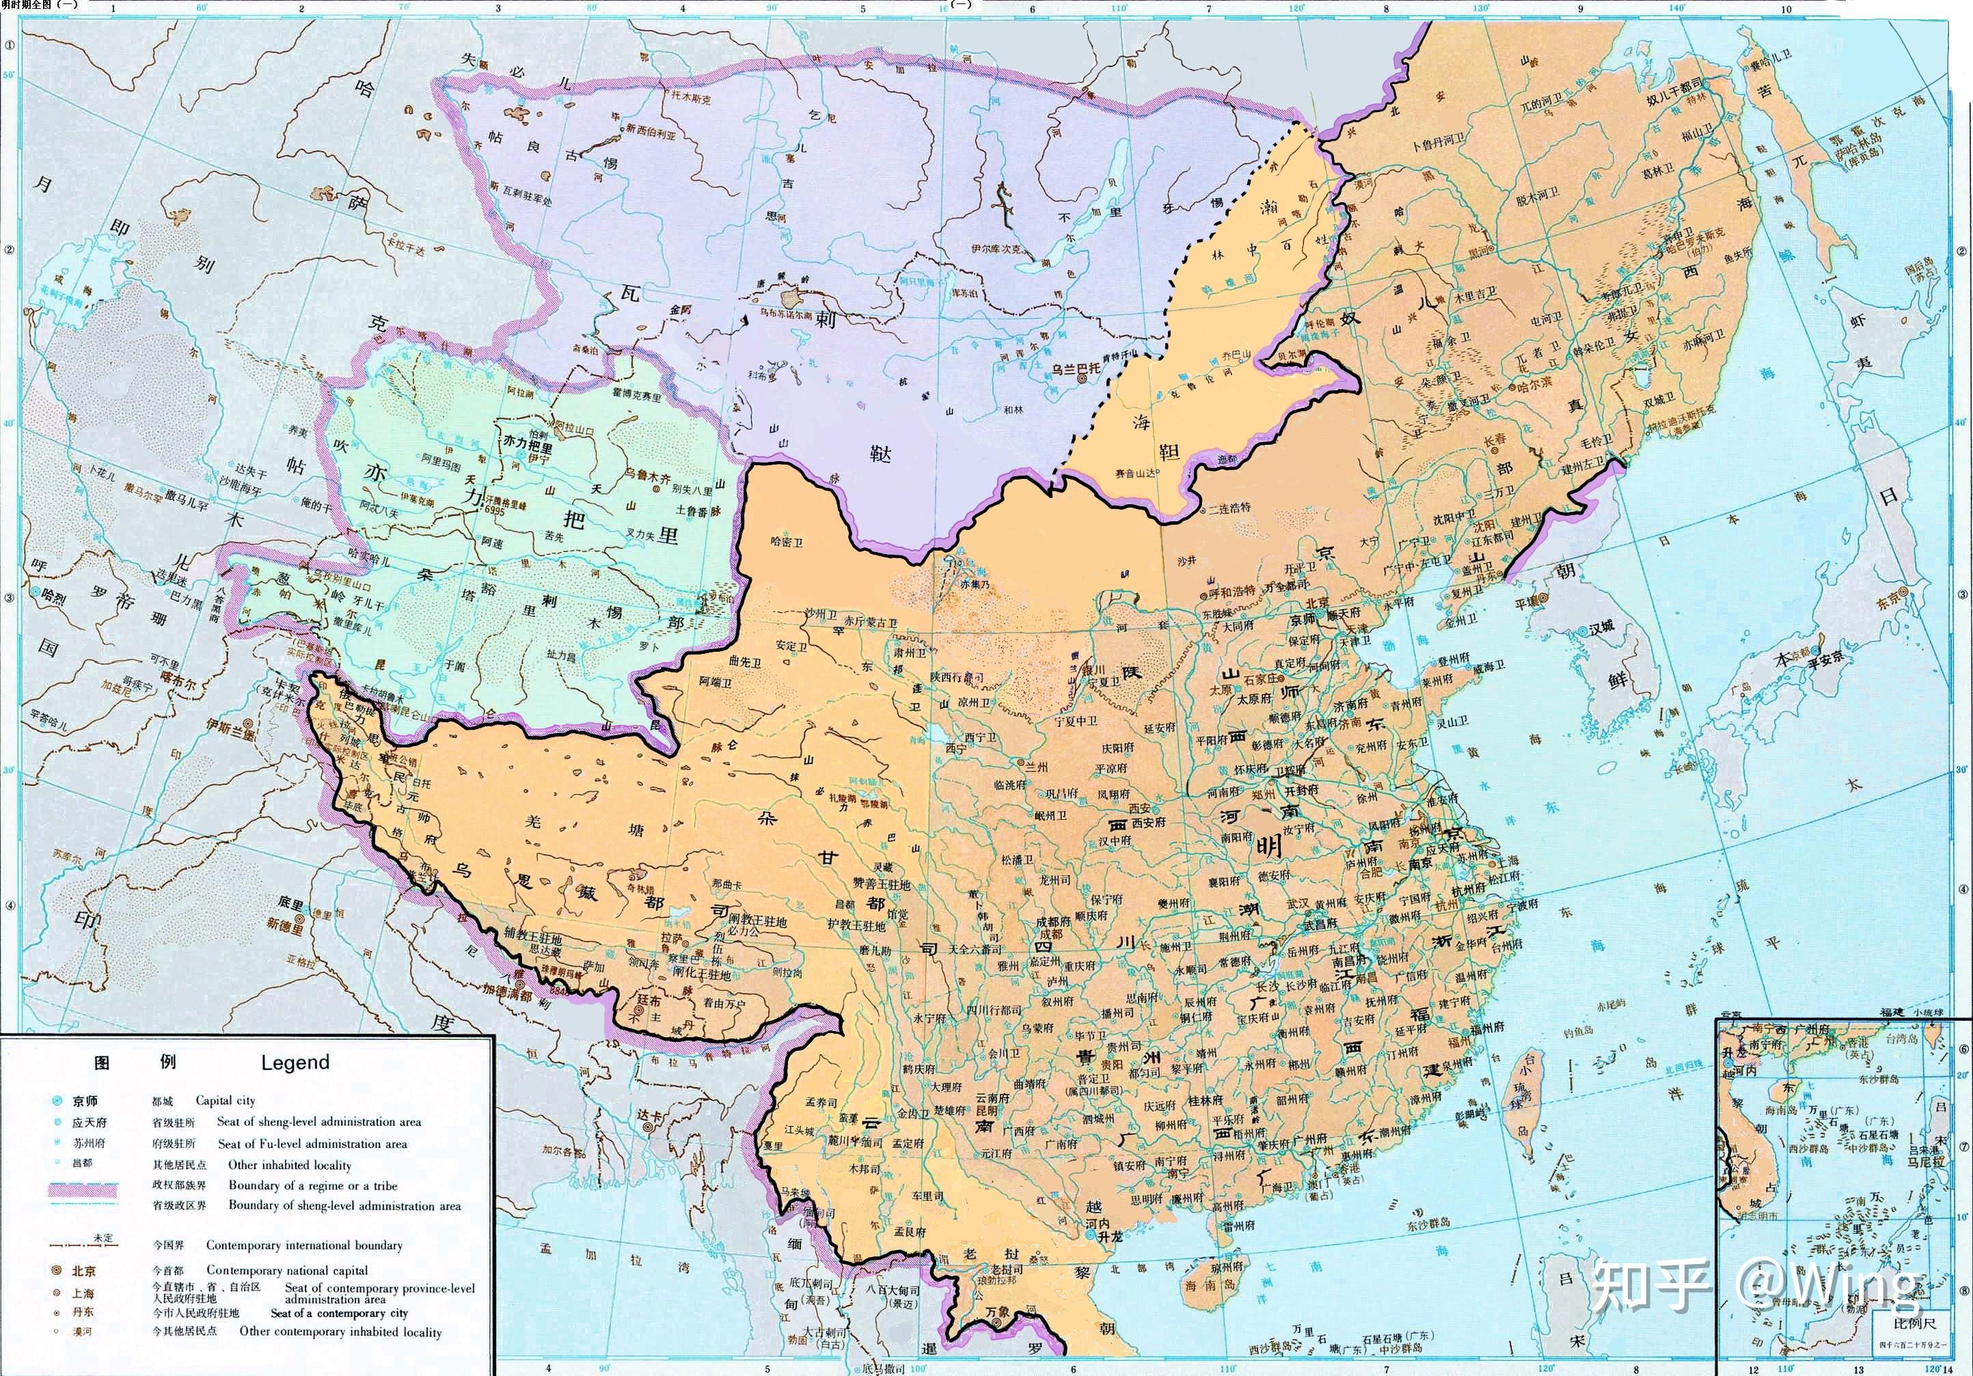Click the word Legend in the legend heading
click(295, 1062)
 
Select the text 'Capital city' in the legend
click(225, 1099)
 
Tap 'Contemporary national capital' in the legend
click(286, 1269)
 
